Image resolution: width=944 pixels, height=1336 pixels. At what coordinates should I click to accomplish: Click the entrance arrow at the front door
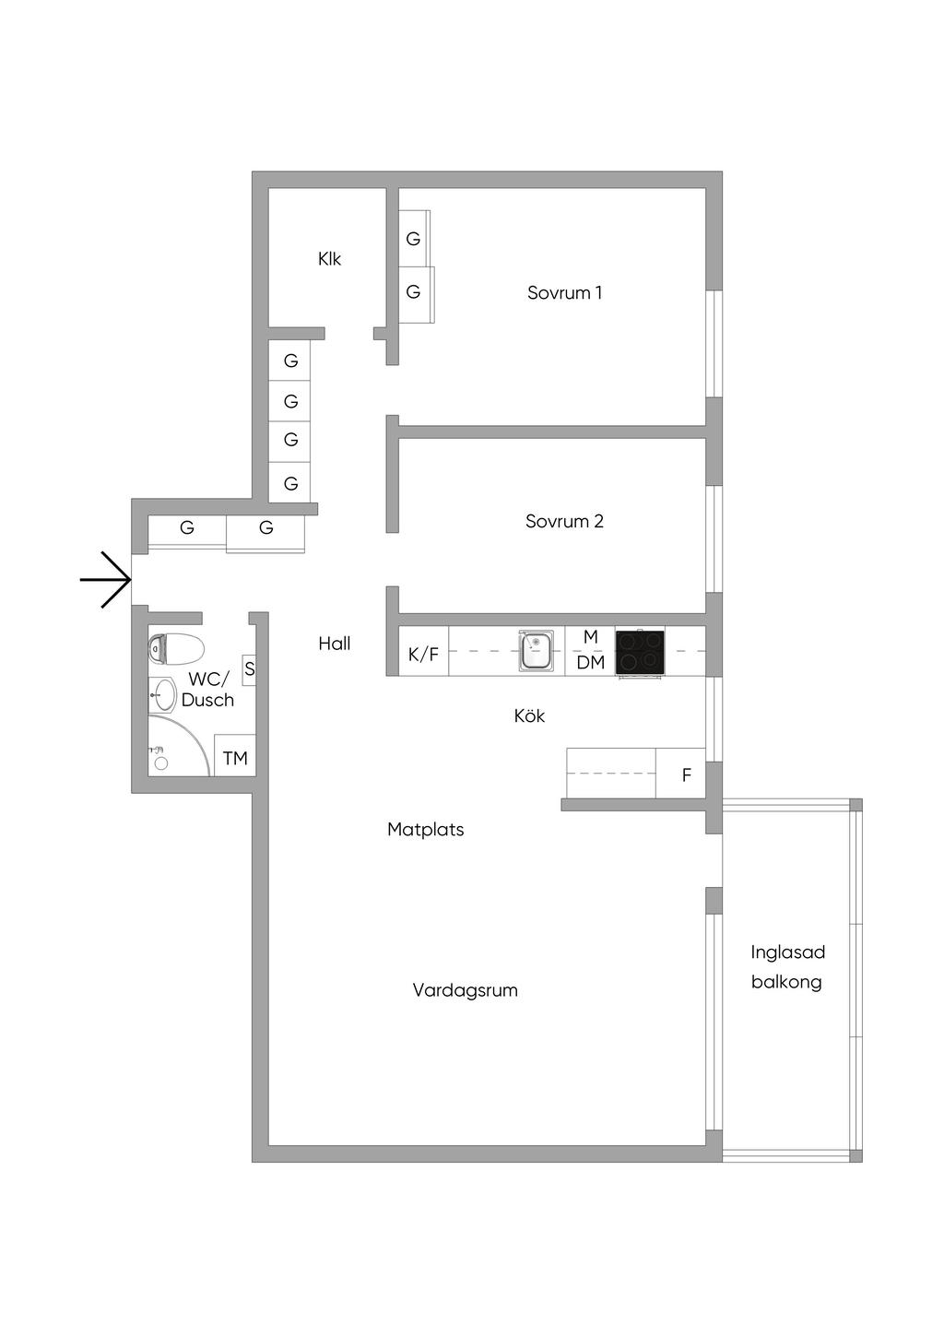(105, 579)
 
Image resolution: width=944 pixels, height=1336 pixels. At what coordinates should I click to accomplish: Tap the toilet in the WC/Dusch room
(176, 649)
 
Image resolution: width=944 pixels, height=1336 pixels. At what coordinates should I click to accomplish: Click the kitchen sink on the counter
(536, 650)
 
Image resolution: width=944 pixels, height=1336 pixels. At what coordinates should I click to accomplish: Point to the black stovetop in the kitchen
(640, 652)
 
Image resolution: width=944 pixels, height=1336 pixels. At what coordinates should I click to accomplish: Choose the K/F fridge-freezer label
(423, 655)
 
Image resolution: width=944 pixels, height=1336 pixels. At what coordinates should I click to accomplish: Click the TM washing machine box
(235, 755)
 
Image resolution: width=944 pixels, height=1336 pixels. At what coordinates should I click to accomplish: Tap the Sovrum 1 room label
(564, 293)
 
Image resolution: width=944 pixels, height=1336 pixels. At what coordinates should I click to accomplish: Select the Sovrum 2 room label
(564, 521)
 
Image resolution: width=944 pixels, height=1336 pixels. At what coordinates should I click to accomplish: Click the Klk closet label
(329, 259)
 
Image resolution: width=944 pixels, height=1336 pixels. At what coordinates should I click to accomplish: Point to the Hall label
(334, 643)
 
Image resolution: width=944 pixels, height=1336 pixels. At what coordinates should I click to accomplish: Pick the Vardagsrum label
(466, 990)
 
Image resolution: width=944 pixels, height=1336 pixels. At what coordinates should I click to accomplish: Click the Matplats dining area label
(425, 830)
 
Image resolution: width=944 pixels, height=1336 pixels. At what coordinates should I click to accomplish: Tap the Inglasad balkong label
(788, 967)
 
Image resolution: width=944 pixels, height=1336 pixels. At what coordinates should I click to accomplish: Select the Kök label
(529, 715)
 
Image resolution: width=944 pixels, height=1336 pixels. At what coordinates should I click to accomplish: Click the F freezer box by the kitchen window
(681, 773)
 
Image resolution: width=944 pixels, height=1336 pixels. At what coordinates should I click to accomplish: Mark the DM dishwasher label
(590, 662)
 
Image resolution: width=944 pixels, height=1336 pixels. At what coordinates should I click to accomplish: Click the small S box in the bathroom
(249, 669)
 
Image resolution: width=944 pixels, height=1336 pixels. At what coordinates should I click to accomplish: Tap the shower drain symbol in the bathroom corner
(161, 763)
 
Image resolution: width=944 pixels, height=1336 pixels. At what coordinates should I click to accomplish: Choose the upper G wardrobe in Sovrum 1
(414, 239)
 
